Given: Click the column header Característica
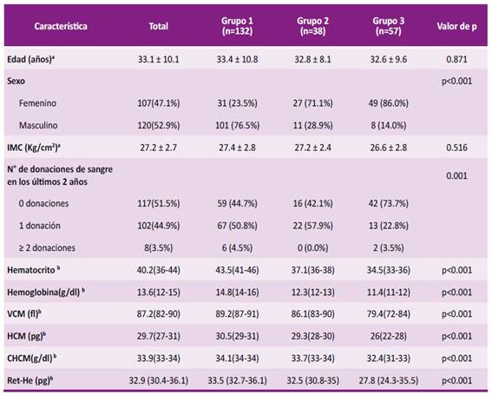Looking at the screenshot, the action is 61,26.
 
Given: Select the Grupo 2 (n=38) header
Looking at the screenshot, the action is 313,26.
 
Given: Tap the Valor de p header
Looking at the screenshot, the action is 456,26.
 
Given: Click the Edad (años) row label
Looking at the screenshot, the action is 30,59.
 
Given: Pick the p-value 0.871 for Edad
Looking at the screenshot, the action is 456,59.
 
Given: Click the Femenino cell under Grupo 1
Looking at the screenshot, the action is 237,103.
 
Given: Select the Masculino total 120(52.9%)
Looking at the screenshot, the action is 159,126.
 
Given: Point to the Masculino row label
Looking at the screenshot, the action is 38,126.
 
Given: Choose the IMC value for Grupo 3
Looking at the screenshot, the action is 389,148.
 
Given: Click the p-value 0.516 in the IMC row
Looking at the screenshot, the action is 456,148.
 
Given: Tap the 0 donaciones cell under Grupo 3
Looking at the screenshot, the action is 389,203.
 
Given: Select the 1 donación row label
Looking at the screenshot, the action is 40,226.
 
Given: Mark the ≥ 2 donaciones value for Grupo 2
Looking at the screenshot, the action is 313,248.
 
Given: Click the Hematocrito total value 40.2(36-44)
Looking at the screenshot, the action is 159,270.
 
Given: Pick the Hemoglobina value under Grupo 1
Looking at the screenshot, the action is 237,293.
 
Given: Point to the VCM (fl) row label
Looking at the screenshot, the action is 24,313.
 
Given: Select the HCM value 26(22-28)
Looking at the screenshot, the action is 389,336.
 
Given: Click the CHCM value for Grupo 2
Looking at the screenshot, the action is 313,359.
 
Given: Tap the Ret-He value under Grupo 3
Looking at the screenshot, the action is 389,381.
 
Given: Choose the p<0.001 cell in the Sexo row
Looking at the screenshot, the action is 456,82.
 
